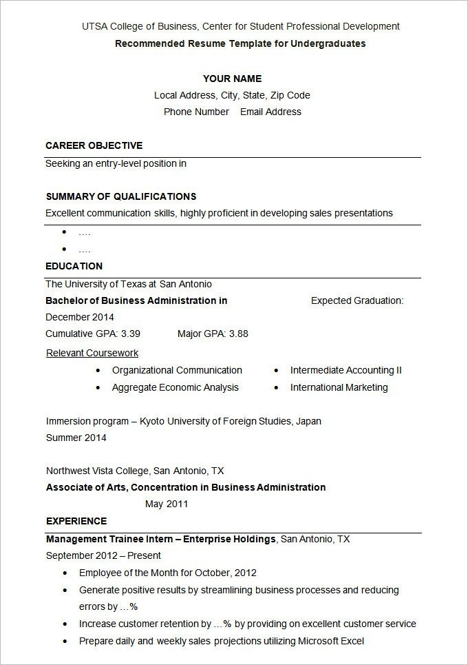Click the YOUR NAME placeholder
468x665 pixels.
tap(232, 79)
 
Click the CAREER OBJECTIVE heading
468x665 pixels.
tap(94, 145)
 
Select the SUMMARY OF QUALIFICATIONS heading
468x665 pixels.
tap(121, 196)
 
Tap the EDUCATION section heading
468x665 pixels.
tap(74, 266)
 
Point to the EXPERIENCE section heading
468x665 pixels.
tap(76, 521)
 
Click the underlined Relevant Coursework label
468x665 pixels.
tap(92, 353)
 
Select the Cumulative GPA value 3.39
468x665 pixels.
tap(131, 334)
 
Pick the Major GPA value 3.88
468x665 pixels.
tap(239, 334)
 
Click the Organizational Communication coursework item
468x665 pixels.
tap(177, 370)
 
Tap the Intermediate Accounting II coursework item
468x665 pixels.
tap(345, 370)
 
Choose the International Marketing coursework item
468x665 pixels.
tap(339, 387)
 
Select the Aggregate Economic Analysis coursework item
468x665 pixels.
tap(175, 387)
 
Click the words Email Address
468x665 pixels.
tap(270, 112)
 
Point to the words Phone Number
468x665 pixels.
tap(196, 112)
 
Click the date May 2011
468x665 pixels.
tap(167, 504)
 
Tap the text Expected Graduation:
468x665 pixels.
tap(357, 300)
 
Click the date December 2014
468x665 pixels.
tap(80, 317)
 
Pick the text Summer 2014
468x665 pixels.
tap(76, 438)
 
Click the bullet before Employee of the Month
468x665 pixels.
tap(65, 573)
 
